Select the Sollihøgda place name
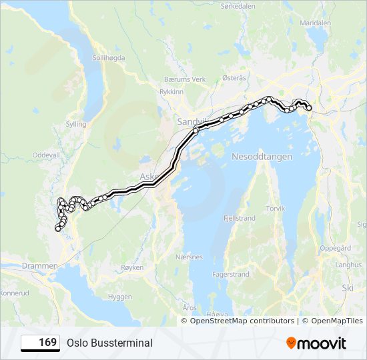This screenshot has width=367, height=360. pos(109,58)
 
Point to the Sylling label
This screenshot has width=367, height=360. pos(77,124)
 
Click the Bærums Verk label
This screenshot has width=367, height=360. pos(185,79)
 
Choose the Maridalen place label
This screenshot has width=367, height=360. pos(316,22)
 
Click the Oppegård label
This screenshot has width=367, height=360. pos(336,248)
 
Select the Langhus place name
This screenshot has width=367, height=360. pos(348,265)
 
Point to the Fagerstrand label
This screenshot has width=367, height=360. pos(230,274)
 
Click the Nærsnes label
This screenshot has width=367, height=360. pos(190,256)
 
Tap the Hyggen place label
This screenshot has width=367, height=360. pos(119,297)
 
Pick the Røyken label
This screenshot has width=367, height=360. pos(131,267)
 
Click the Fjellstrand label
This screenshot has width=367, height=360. pos(238,218)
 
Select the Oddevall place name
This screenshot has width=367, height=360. pos(46,154)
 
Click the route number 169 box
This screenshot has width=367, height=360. pos(41,343)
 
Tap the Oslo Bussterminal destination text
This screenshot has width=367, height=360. pos(109,343)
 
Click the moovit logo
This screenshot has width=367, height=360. pos(316,343)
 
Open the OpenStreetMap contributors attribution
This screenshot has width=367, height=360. pos(242,321)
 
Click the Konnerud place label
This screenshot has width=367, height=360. pos(15,292)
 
